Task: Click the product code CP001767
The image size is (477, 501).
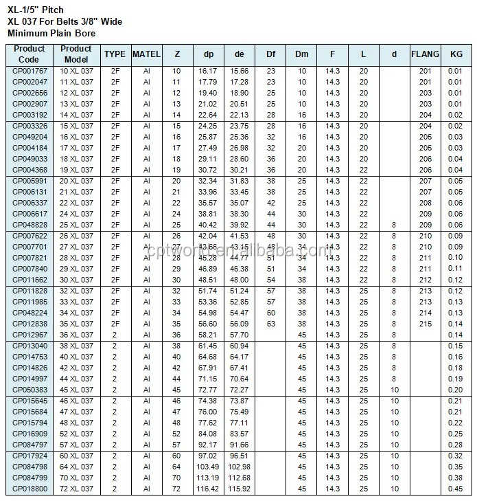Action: point(30,71)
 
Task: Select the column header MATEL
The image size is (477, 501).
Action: point(146,54)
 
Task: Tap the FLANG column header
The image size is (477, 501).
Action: point(425,54)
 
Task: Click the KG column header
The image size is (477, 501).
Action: point(456,54)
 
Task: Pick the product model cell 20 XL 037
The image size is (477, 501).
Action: point(76,181)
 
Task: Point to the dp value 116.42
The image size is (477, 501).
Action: point(207,488)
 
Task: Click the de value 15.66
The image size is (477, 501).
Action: point(240,71)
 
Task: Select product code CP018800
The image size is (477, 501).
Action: point(30,488)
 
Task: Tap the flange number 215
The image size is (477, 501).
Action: point(425,323)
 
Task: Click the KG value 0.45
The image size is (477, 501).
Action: point(456,488)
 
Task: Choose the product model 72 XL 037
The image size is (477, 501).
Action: point(76,488)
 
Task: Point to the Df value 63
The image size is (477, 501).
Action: point(271,323)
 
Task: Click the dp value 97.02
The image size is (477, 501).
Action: point(207,455)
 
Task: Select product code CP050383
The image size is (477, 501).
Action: point(30,389)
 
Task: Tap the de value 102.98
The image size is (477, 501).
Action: point(240,466)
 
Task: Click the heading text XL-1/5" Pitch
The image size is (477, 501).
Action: point(36,9)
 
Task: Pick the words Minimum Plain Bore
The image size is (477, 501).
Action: point(51,33)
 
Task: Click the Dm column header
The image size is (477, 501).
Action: point(302,54)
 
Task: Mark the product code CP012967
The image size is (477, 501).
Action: point(30,334)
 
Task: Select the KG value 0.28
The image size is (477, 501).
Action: point(456,444)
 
